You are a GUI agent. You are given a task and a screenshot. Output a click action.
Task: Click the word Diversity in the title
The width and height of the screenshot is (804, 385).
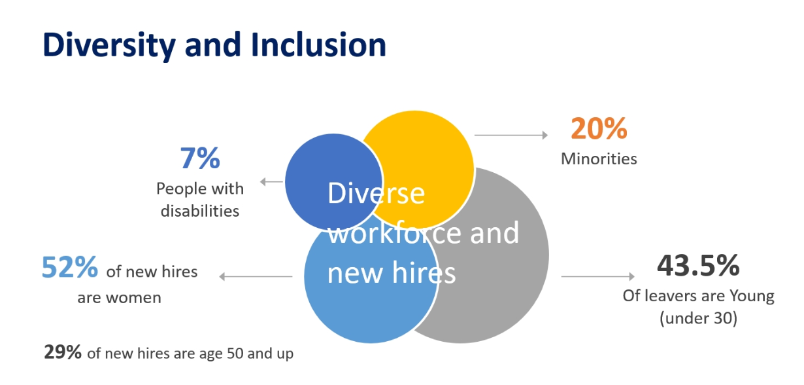[x=109, y=45]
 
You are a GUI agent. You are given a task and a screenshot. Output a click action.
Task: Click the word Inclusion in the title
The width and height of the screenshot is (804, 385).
[x=318, y=45]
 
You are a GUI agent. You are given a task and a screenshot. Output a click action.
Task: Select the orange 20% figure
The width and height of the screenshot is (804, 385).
[x=599, y=128]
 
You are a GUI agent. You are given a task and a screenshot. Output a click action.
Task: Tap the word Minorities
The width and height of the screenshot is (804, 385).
[x=599, y=159]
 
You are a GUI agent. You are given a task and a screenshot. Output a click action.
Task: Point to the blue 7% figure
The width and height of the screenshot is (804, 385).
[x=200, y=158]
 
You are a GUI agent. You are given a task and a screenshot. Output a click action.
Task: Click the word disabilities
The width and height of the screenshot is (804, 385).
[x=200, y=211]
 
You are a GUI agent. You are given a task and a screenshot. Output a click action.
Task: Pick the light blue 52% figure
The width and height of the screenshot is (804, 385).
[x=70, y=267]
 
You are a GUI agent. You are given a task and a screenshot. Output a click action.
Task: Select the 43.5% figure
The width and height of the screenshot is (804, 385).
[x=698, y=266]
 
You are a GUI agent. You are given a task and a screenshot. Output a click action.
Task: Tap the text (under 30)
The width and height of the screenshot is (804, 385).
[x=698, y=318]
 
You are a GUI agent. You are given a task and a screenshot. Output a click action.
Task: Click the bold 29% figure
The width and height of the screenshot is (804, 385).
[x=63, y=352]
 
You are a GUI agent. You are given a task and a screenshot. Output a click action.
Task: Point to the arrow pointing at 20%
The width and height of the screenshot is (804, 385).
[x=511, y=135]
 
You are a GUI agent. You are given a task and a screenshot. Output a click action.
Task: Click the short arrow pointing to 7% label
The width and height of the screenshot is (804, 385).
[x=272, y=182]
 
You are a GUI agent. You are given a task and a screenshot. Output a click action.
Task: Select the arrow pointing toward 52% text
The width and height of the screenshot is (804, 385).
[x=256, y=276]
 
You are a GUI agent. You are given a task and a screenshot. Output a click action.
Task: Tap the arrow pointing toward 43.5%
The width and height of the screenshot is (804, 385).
[x=598, y=276]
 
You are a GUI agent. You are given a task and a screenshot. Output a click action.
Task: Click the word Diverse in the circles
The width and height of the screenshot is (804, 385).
[x=376, y=193]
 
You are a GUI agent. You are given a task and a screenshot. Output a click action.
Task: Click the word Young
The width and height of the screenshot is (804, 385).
[x=752, y=297]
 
